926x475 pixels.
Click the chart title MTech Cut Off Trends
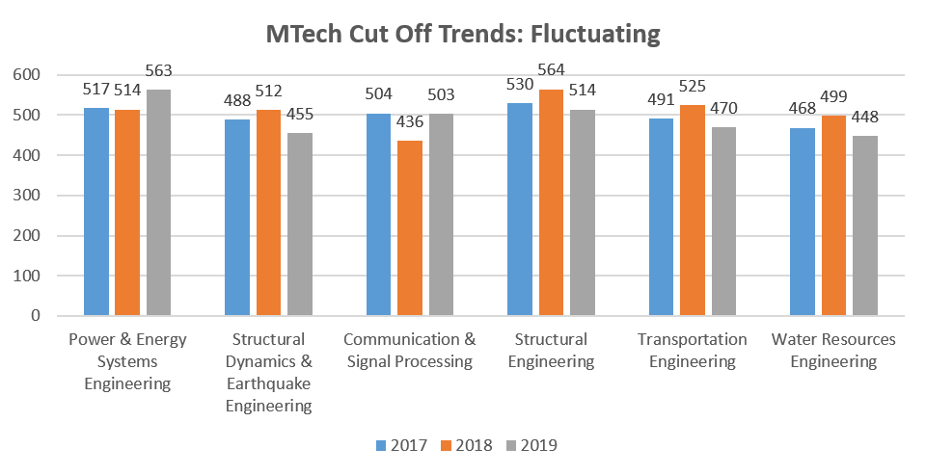tap(463, 34)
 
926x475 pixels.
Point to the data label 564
tap(551, 69)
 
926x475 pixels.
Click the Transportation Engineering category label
tap(693, 351)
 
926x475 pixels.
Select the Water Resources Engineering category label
tap(833, 351)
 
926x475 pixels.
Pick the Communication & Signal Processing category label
tap(410, 351)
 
